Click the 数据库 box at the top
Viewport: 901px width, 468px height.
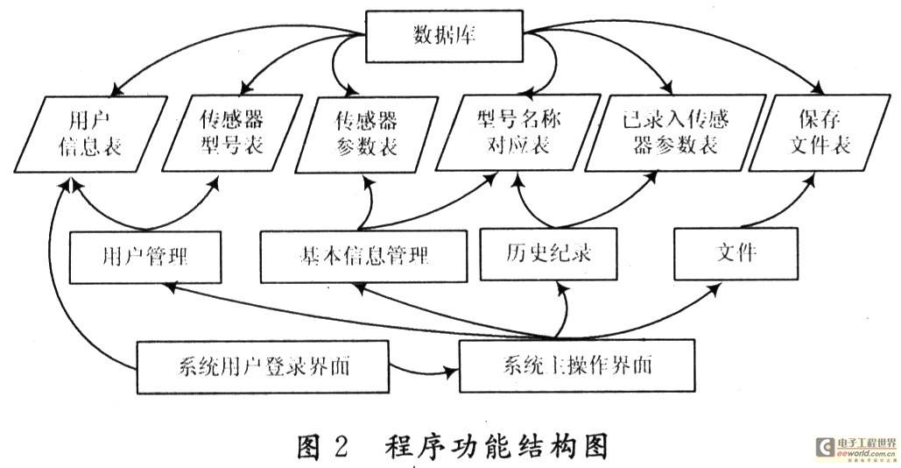point(445,36)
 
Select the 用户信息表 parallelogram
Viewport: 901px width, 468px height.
point(91,134)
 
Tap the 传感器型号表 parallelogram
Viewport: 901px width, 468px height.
point(232,133)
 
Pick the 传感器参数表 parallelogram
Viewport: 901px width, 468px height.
point(367,135)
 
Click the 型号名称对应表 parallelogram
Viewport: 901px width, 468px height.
point(518,132)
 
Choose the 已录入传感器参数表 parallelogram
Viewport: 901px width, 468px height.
point(676,133)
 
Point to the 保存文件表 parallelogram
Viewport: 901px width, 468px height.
point(820,133)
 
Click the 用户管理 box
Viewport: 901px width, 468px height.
point(145,257)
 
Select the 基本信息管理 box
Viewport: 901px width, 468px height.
point(363,257)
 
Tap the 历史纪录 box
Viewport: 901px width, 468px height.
point(549,254)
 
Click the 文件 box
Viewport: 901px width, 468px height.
point(736,253)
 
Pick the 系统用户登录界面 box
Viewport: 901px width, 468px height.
point(263,367)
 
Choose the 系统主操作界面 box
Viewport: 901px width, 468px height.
point(577,365)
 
